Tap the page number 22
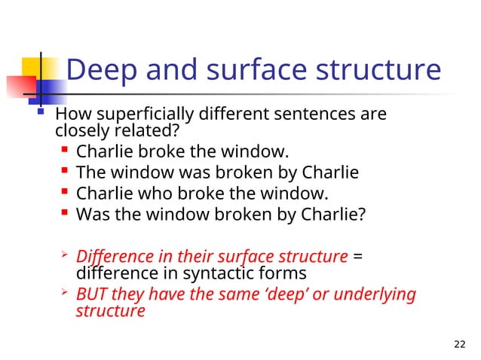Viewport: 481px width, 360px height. tap(461, 344)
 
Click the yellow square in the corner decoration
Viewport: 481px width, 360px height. tap(23, 64)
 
